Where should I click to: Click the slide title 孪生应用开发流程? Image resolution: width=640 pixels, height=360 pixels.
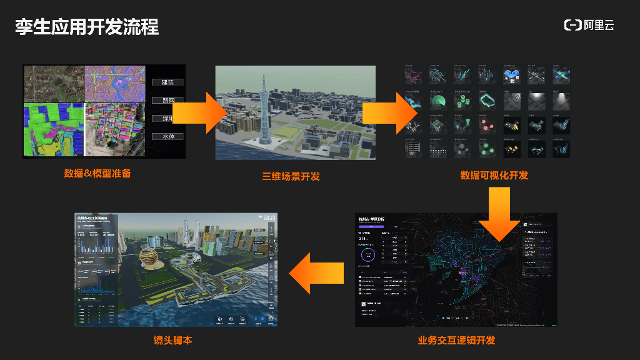click(x=87, y=26)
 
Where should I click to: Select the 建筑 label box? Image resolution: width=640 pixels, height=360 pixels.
click(x=167, y=82)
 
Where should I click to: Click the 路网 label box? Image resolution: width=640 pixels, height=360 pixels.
click(x=167, y=100)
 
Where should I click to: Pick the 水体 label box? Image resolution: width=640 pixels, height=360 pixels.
click(x=167, y=136)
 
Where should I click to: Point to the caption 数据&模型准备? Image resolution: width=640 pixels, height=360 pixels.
click(x=97, y=173)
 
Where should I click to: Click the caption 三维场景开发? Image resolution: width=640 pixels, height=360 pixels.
click(x=291, y=176)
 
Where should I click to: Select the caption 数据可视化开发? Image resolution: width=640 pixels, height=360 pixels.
click(x=494, y=175)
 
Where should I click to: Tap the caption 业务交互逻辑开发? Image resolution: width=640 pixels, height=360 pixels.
click(x=456, y=341)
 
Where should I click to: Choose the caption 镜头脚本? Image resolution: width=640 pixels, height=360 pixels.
click(x=172, y=341)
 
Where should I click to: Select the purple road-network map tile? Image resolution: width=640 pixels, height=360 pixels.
click(x=115, y=84)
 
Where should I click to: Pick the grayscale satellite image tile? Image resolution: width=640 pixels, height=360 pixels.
click(x=54, y=84)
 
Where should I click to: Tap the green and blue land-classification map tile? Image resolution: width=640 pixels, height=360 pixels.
click(x=54, y=129)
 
